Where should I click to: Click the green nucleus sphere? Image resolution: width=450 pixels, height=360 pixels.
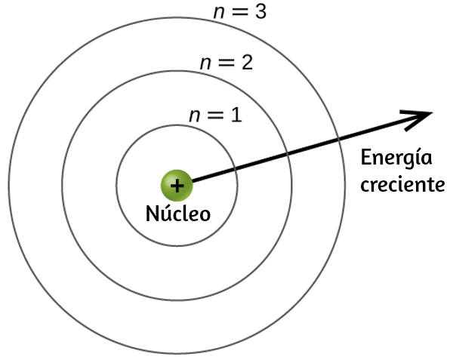coord(177,186)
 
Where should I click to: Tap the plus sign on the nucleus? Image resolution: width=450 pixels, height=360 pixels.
coord(177,186)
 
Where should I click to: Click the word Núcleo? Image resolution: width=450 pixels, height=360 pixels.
coord(178,213)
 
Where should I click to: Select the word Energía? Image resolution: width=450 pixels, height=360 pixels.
coord(396,157)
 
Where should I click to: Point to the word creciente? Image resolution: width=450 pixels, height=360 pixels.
coord(402,185)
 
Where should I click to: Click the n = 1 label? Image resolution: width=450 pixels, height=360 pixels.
coord(215,115)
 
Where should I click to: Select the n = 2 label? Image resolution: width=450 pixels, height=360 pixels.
coord(227,63)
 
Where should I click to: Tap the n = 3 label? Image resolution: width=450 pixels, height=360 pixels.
coord(240,12)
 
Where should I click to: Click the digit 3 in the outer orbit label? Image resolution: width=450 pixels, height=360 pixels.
coord(261,12)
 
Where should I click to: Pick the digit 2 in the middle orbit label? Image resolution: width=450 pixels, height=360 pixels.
coord(247,63)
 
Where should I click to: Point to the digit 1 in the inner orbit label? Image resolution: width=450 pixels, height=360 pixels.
coord(236,115)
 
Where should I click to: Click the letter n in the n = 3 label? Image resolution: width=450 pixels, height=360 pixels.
coord(219,14)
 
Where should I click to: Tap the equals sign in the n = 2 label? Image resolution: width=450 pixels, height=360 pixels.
coord(227,63)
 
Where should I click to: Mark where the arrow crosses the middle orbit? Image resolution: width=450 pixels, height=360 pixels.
coord(288,154)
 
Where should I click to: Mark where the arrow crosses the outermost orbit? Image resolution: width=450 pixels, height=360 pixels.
coord(338,140)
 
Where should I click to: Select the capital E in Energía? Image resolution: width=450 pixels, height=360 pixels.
coord(365,157)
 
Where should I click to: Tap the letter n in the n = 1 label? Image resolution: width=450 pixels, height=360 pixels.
coord(194,116)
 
